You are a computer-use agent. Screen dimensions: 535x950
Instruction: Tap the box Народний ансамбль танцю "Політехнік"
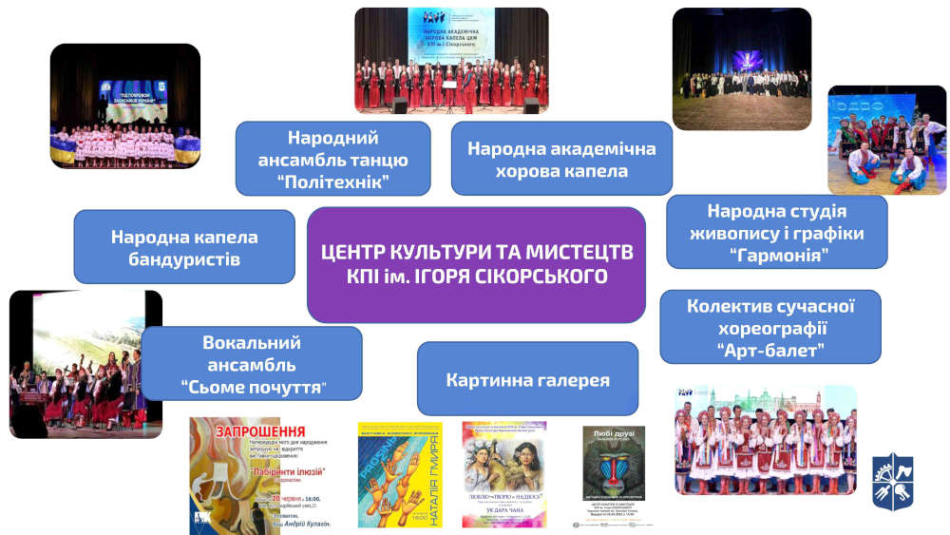click(x=332, y=159)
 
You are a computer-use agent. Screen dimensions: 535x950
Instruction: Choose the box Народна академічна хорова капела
click(x=560, y=159)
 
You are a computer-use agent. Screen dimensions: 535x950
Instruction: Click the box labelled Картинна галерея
click(x=527, y=379)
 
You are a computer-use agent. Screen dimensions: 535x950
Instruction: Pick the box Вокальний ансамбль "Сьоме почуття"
click(x=252, y=364)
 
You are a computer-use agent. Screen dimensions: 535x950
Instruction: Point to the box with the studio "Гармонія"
click(x=776, y=232)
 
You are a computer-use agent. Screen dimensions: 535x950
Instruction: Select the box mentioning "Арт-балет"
click(x=769, y=327)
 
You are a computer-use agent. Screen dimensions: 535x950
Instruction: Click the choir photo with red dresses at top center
click(x=451, y=62)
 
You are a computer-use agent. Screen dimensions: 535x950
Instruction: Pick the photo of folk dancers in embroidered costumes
click(x=765, y=439)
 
